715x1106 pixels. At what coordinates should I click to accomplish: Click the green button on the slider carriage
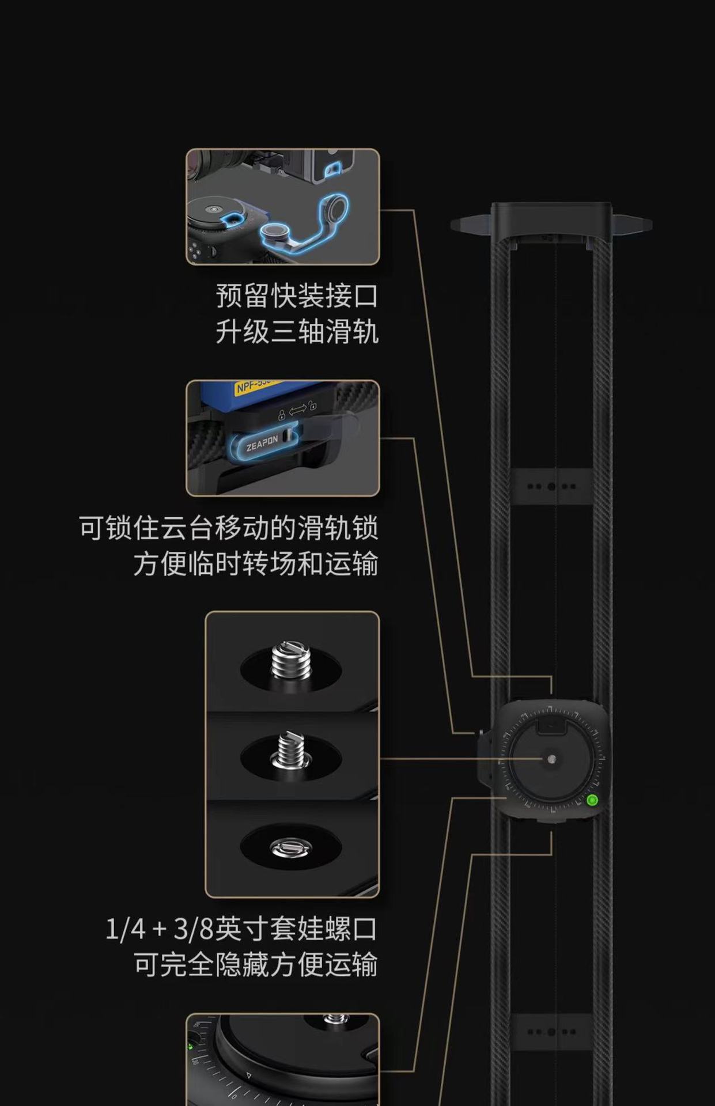point(592,800)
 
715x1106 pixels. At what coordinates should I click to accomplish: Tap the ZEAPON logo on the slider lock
point(262,444)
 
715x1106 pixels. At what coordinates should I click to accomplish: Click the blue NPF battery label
point(254,387)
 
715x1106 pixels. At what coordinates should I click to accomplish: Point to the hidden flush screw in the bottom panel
point(291,847)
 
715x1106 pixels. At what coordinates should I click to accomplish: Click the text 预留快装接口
point(297,296)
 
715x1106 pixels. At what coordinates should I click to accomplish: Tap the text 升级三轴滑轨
point(297,332)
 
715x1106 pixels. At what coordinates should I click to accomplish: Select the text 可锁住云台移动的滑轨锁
point(229,528)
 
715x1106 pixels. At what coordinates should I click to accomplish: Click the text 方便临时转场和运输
point(256,563)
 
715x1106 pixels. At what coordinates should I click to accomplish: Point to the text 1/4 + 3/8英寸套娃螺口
point(241,929)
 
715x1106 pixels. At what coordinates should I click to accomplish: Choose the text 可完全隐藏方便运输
point(256,965)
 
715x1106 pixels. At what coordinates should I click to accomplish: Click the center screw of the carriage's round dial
point(552,759)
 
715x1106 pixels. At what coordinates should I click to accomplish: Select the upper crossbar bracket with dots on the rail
point(551,486)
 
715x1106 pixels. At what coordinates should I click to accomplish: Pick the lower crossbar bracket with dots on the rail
point(551,1031)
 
